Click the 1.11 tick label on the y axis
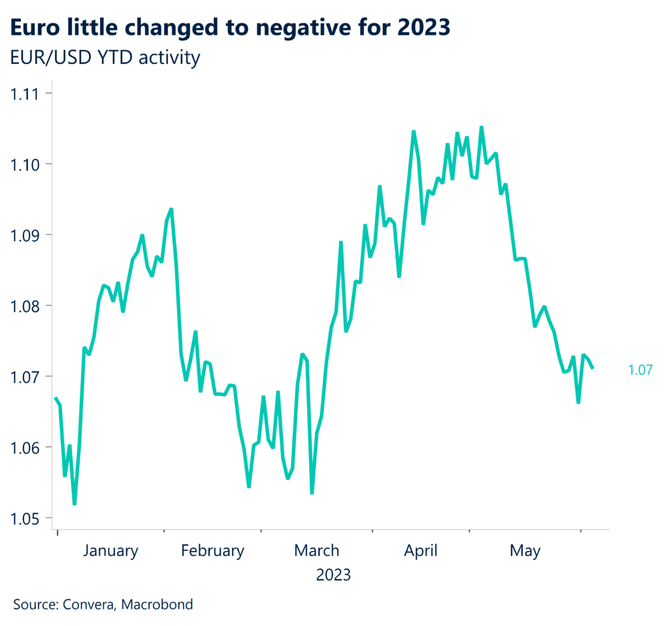[24, 93]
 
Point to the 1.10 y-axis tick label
[24, 164]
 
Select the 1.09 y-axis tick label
[24, 235]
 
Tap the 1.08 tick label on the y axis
[24, 306]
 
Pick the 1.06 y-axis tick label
[24, 448]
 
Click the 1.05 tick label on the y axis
[24, 519]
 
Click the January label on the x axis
[110, 551]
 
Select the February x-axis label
[212, 551]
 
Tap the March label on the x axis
[316, 551]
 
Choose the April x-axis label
[421, 551]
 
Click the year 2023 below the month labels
[333, 576]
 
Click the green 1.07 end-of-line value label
[640, 371]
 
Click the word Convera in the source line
[88, 604]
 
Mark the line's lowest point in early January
[74, 504]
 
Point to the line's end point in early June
[593, 368]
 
